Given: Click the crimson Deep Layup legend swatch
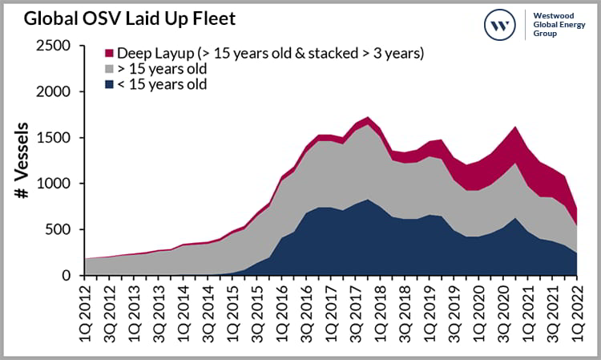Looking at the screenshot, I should [x=109, y=54].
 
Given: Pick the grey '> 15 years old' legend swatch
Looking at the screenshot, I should [x=109, y=69].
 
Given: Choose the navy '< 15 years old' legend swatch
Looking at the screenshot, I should [x=109, y=84].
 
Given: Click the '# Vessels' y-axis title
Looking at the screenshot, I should [x=23, y=160].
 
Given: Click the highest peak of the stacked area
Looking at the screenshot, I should [x=367, y=118].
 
